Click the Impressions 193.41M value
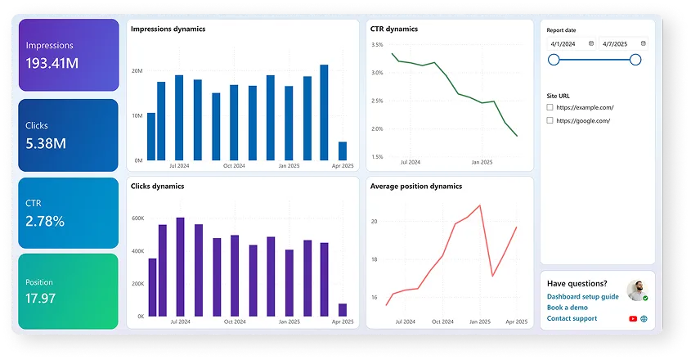(x=54, y=63)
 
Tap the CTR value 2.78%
(x=45, y=221)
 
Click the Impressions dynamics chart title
(x=168, y=29)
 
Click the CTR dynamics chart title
(x=394, y=29)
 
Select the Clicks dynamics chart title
(x=157, y=186)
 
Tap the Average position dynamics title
(x=416, y=186)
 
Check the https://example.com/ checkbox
(x=550, y=107)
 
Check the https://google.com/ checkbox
(x=550, y=121)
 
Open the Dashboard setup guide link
(x=583, y=296)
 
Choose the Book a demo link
(x=568, y=308)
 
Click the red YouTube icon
(x=633, y=318)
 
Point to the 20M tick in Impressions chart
(x=137, y=71)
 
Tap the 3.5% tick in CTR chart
(x=377, y=44)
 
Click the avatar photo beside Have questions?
(x=636, y=290)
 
